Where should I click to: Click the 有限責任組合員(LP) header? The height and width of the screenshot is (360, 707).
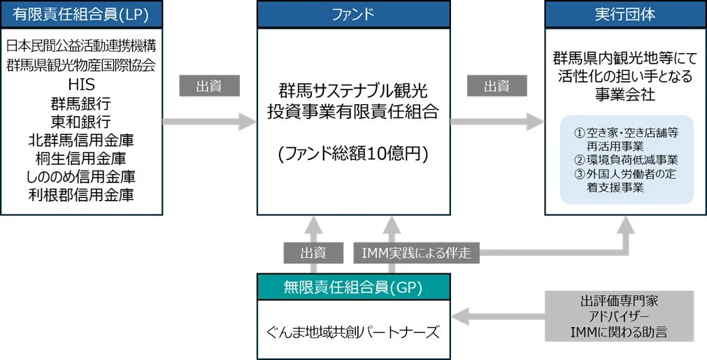[81, 14]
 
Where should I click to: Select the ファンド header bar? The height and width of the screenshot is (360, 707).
[353, 14]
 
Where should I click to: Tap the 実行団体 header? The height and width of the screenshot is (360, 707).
[625, 14]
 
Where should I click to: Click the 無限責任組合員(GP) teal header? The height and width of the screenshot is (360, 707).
[353, 286]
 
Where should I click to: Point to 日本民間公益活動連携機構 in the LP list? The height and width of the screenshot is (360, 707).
[81, 47]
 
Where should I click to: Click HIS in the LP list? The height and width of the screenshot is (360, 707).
[81, 84]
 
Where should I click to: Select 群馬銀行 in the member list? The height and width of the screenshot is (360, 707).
[81, 103]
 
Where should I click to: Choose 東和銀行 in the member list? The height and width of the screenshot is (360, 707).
[81, 121]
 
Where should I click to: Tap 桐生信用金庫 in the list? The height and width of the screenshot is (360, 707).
[81, 158]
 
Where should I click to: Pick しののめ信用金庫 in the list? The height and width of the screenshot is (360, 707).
[81, 176]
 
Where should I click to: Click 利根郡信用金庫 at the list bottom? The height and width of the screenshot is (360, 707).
[81, 194]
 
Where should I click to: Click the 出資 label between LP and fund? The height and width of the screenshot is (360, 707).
[209, 85]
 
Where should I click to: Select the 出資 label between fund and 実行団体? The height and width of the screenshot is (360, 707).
[497, 85]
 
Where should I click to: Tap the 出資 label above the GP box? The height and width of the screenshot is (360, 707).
[313, 252]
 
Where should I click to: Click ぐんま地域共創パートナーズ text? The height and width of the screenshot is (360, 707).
[353, 331]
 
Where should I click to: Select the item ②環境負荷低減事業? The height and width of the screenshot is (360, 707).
[625, 160]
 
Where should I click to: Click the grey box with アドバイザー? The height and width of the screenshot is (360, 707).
[619, 316]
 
